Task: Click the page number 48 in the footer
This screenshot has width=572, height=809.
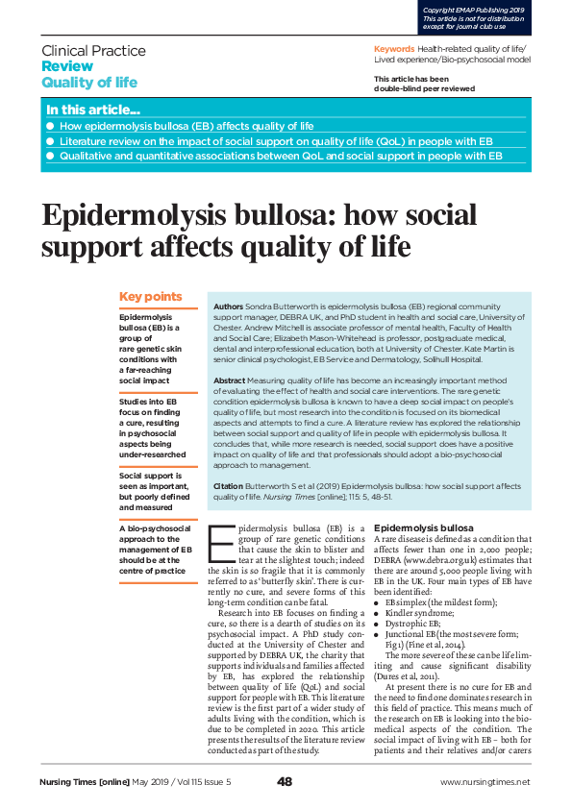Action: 285,781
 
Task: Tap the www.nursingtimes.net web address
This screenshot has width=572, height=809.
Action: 485,782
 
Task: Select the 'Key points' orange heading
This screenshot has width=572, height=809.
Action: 150,297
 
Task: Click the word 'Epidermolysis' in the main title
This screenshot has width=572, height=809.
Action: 140,214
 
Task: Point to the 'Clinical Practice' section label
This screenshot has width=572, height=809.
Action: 94,50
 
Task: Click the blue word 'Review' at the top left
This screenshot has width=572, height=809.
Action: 67,66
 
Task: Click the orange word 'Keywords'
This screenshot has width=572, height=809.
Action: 394,48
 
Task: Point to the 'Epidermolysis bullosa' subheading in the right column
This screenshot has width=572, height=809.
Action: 423,528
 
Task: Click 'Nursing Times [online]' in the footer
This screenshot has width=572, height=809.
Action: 84,782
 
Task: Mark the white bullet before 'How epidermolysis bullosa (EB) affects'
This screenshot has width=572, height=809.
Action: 50,126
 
